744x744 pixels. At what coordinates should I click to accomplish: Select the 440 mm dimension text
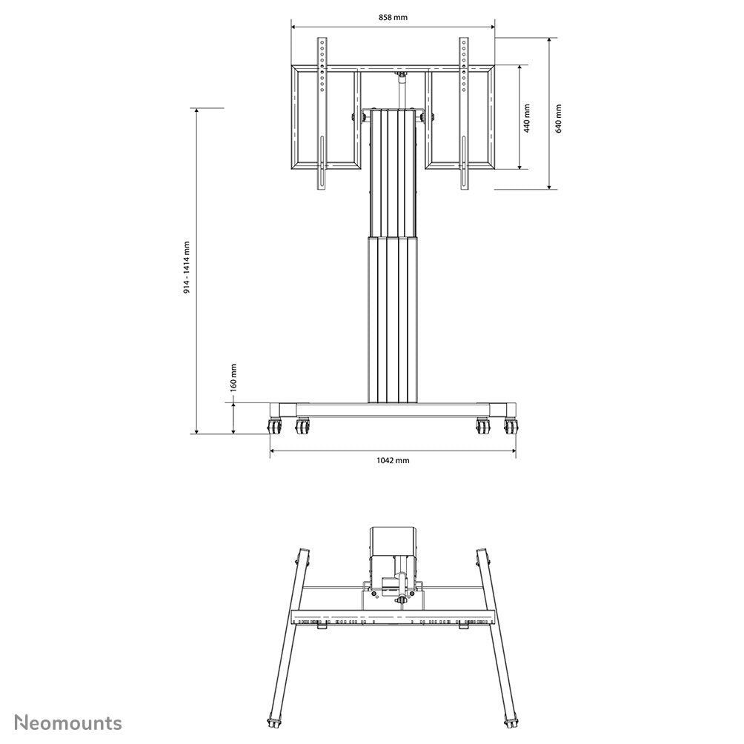[x=527, y=118]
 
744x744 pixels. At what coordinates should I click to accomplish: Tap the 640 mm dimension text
[x=558, y=118]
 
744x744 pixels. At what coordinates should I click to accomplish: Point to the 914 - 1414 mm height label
[x=187, y=268]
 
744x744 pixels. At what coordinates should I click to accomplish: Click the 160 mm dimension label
[x=233, y=376]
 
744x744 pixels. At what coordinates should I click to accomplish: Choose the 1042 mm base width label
[x=393, y=460]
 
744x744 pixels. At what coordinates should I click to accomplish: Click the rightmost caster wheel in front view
[x=511, y=427]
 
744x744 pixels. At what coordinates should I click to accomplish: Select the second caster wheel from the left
[x=302, y=427]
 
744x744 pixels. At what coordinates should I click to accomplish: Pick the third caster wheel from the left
[x=483, y=427]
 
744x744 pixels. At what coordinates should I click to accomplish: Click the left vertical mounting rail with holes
[x=322, y=115]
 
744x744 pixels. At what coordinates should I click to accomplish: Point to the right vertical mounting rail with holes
[x=465, y=115]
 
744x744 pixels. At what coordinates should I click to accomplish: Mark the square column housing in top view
[x=393, y=541]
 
